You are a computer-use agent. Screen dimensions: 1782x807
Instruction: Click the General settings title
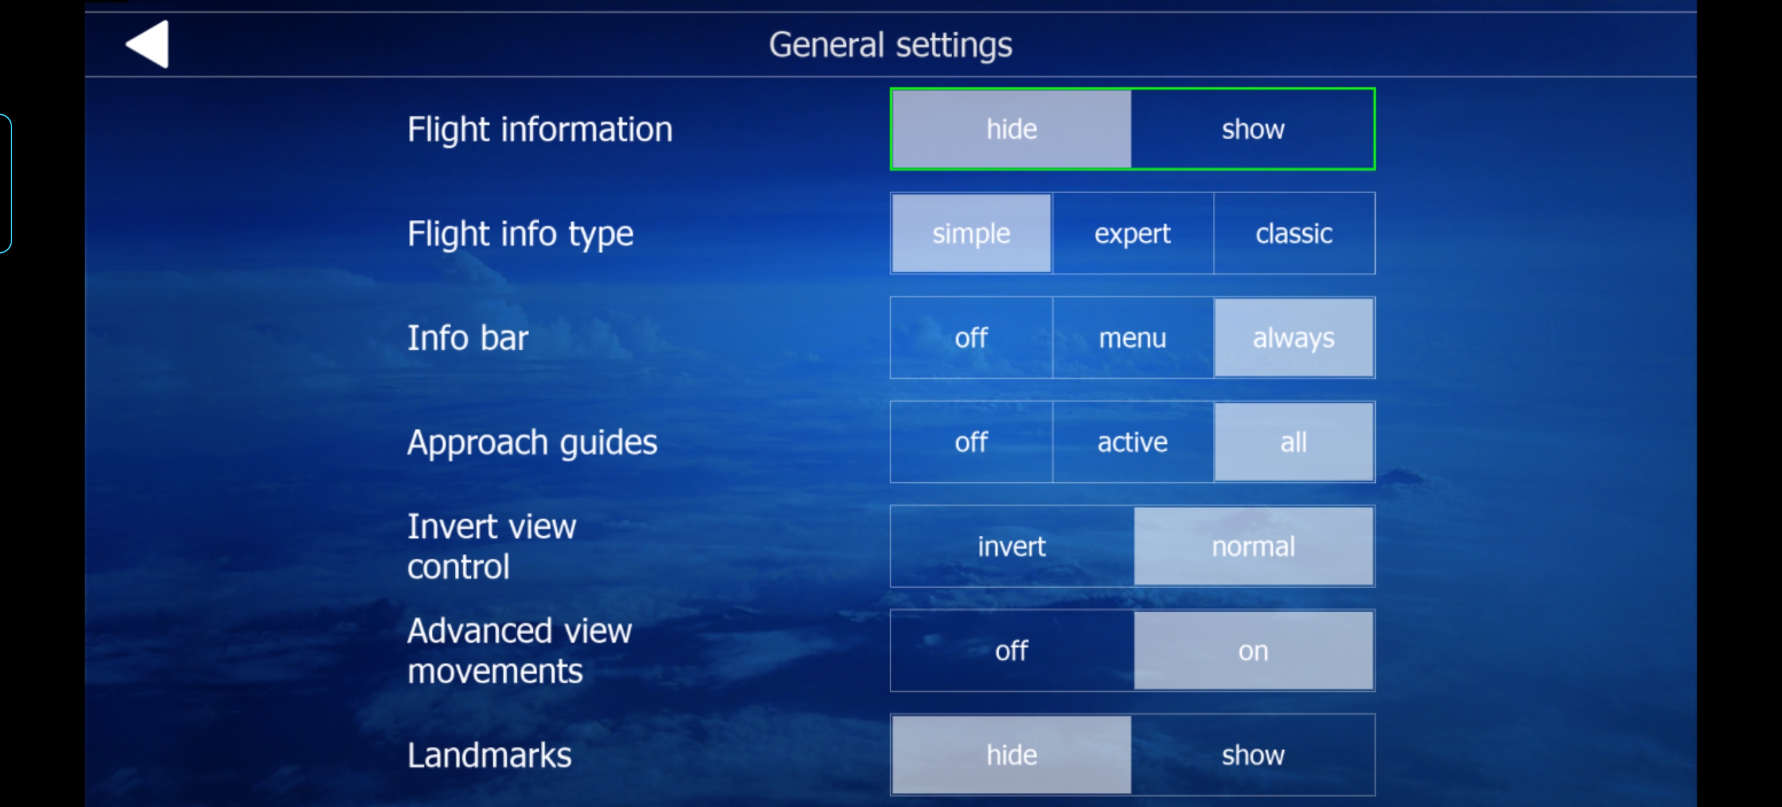(890, 45)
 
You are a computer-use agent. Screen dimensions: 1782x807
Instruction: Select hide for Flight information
(1011, 128)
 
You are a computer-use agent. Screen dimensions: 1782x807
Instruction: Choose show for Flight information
(1253, 128)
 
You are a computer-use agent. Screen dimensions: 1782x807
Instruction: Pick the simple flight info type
(971, 233)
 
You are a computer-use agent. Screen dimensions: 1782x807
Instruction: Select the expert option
(1132, 233)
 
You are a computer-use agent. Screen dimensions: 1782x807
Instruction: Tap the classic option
(1293, 233)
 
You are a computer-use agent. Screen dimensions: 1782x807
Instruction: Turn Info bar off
(971, 338)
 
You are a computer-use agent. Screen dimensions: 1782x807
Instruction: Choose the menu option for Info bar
(1132, 338)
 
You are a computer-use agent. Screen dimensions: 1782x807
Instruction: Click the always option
(1293, 338)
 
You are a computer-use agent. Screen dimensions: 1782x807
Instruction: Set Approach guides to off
(971, 443)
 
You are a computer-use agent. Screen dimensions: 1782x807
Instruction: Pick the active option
(1132, 443)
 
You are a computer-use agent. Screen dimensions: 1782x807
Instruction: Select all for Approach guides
(1293, 443)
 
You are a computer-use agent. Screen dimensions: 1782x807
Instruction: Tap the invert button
(1011, 547)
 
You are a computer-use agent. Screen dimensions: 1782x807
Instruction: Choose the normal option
(1253, 547)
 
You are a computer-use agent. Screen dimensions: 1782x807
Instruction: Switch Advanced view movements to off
(1011, 650)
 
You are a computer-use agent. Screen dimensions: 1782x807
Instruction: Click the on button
(1253, 650)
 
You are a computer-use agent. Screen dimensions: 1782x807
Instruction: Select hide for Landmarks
(1011, 755)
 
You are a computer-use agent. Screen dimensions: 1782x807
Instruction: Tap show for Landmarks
(1253, 755)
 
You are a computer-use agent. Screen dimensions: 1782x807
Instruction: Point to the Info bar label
(468, 338)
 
